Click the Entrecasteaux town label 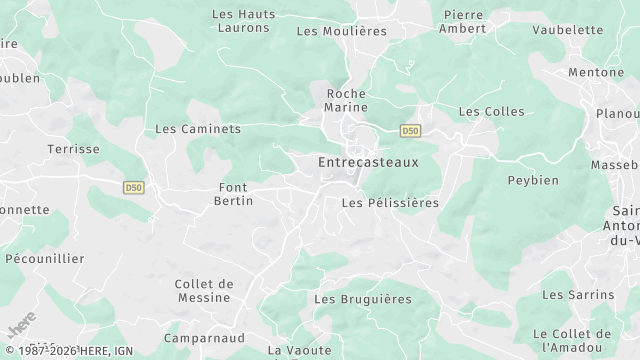tap(367, 161)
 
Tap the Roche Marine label tap(347, 100)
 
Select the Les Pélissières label tap(390, 203)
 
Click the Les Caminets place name tap(198, 129)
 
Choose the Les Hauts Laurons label tap(243, 21)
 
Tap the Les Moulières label tap(342, 31)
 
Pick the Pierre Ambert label tap(464, 21)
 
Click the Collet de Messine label tap(204, 291)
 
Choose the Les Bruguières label tap(363, 299)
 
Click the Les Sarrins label tap(578, 295)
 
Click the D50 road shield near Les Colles tap(410, 130)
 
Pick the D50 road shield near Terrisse tap(134, 187)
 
